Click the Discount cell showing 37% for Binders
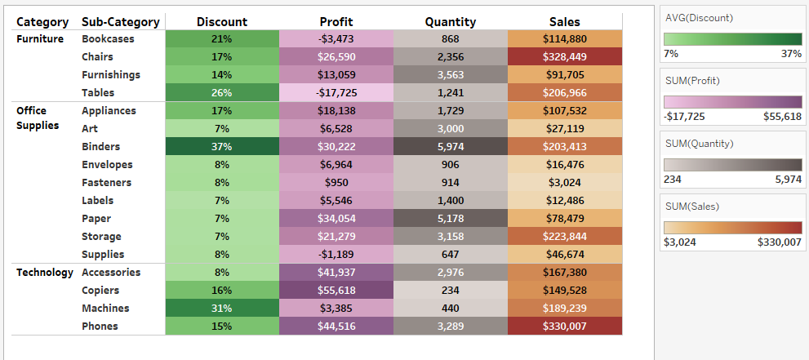pos(222,147)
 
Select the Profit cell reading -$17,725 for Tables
pos(336,93)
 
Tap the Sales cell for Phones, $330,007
pos(564,327)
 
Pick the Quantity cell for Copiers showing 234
pos(451,291)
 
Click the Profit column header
pos(336,22)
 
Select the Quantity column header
pos(451,22)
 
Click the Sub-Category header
pos(120,22)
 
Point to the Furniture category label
pos(40,39)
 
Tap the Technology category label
pos(45,273)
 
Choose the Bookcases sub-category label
pos(108,39)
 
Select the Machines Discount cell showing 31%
pos(222,309)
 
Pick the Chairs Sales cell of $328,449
pos(564,57)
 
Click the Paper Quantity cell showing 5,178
pos(451,219)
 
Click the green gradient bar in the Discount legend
pos(732,38)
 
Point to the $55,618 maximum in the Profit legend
pos(783,116)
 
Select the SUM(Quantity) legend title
pos(699,144)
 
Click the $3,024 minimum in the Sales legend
pos(679,242)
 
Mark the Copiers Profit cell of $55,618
pos(336,291)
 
